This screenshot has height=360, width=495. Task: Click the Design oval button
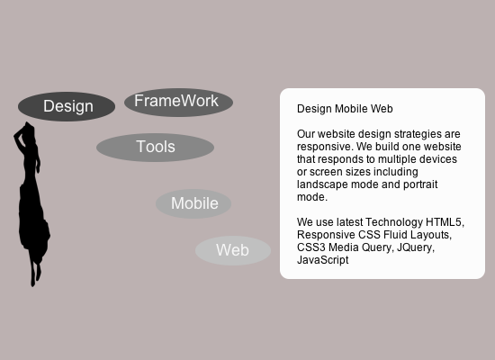(67, 106)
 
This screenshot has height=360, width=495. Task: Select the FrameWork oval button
(178, 102)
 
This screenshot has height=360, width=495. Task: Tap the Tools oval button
(155, 147)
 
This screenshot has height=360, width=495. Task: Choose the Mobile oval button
(193, 203)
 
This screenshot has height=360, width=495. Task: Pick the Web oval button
(232, 250)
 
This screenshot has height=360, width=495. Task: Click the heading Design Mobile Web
(345, 108)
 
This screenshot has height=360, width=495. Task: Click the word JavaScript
(322, 259)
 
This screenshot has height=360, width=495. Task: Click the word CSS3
(311, 247)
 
